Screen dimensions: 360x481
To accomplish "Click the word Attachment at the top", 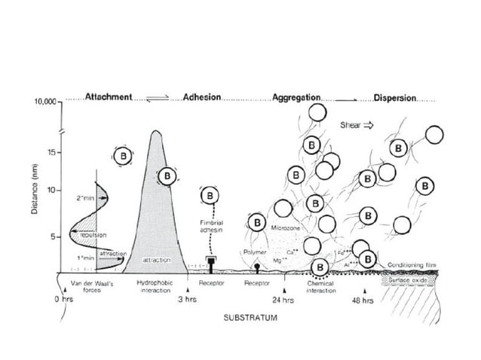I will [109, 98].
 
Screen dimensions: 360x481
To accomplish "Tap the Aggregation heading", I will [296, 98].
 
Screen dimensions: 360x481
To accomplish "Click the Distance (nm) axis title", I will [35, 188].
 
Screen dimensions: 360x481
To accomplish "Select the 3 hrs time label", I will [187, 300].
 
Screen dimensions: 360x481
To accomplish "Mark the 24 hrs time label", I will [283, 300].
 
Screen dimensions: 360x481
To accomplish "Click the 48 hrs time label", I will [363, 300].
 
